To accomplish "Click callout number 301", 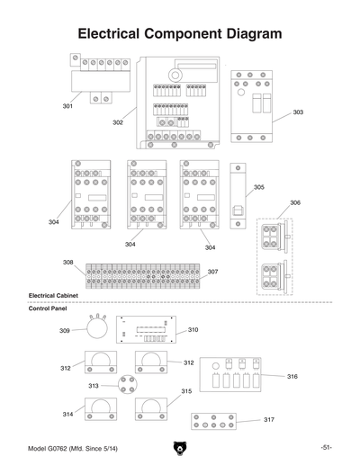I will coord(67,107).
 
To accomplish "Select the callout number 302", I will coord(118,122).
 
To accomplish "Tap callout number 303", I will coord(298,112).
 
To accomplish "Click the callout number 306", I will coord(295,203).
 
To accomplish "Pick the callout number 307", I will coord(212,272).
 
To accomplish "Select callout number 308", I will coord(67,263).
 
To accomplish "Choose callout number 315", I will coord(186,391).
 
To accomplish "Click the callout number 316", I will coord(292,376).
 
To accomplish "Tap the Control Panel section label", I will coord(49,308).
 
